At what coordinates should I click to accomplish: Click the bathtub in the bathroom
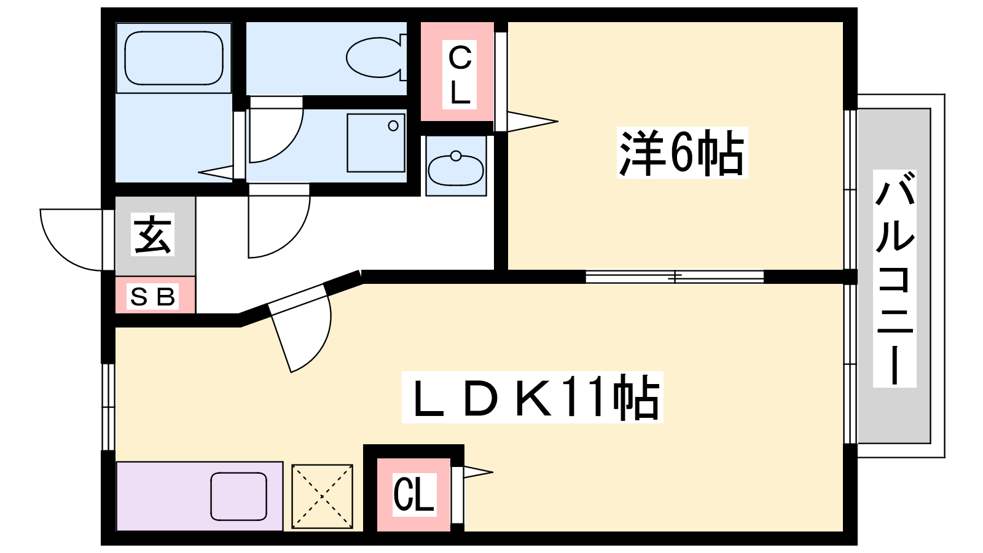(174, 58)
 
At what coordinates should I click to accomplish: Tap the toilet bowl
(375, 58)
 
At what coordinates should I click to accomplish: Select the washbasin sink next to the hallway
(455, 170)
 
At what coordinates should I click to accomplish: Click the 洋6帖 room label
(681, 153)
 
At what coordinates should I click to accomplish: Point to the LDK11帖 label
(533, 398)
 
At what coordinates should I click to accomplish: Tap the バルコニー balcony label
(895, 278)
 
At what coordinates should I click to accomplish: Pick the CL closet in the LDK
(413, 495)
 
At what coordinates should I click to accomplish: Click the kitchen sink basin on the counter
(238, 496)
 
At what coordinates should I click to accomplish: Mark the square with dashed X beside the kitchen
(322, 496)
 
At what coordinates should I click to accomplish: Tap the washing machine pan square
(375, 143)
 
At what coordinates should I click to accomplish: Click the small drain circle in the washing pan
(393, 126)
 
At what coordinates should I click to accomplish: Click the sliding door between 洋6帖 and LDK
(675, 276)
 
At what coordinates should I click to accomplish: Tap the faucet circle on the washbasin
(456, 156)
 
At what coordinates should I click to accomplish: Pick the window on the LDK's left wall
(108, 407)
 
